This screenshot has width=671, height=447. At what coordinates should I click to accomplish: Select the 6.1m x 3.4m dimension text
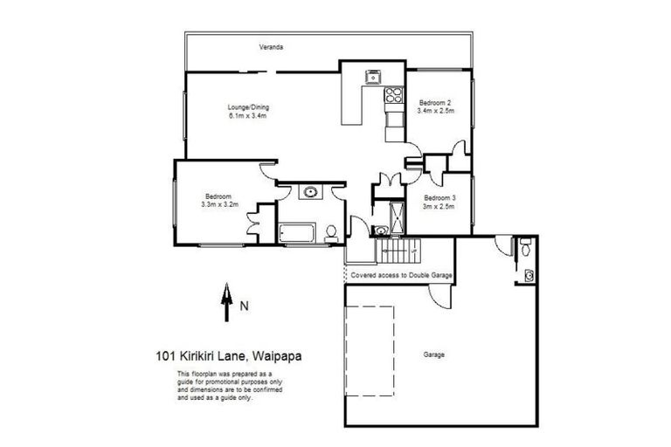pos(246,115)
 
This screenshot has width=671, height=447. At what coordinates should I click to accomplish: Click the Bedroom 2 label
pos(434,102)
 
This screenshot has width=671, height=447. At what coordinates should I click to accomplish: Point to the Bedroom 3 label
pos(439,198)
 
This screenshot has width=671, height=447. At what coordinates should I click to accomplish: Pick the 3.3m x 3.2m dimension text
pos(218,204)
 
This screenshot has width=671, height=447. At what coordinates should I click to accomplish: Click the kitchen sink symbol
pos(373,76)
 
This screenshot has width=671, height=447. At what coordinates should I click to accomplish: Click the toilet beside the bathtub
pos(331,232)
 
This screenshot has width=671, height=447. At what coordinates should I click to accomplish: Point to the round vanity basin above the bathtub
pos(308,192)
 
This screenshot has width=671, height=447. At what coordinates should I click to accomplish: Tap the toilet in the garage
pos(524,247)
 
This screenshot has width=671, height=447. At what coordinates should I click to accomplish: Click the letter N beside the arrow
pos(245,306)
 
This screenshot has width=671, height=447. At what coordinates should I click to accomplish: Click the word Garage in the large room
pos(433,354)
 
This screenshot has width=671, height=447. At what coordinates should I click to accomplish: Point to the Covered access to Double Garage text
pos(401,275)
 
